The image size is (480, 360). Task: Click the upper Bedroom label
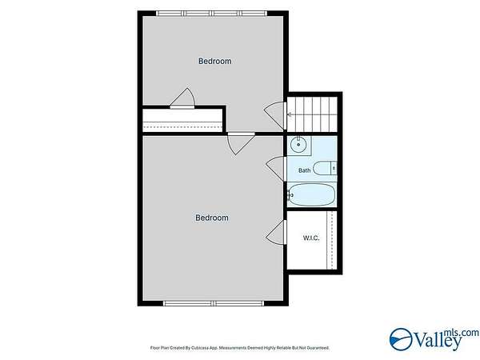point(215,62)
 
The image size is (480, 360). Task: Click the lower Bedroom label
point(212,218)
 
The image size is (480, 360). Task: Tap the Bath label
point(304,170)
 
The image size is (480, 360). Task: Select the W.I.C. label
point(311,238)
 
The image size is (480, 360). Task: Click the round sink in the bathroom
point(298,145)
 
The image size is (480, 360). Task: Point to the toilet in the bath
point(325,168)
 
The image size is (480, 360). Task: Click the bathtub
point(312,194)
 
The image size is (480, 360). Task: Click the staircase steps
point(312,114)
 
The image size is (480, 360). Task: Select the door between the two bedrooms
point(241,143)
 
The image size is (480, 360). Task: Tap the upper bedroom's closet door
point(182,98)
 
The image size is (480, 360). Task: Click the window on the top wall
point(211,14)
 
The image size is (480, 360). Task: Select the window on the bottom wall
point(214,303)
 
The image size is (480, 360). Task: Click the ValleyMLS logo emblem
point(401,339)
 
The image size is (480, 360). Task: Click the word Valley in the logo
point(438,341)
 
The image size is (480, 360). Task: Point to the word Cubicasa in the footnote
point(200,348)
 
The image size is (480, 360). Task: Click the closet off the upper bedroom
point(182,120)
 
